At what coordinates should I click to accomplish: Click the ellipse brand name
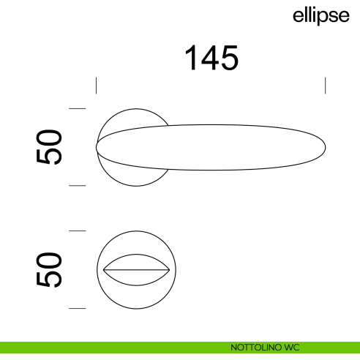tap(320, 16)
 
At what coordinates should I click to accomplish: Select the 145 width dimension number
tap(211, 58)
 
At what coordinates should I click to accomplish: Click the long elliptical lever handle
tap(220, 148)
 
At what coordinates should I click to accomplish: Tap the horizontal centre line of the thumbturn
tap(137, 270)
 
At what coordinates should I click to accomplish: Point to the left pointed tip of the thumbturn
tap(103, 270)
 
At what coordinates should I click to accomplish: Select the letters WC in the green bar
tap(292, 348)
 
